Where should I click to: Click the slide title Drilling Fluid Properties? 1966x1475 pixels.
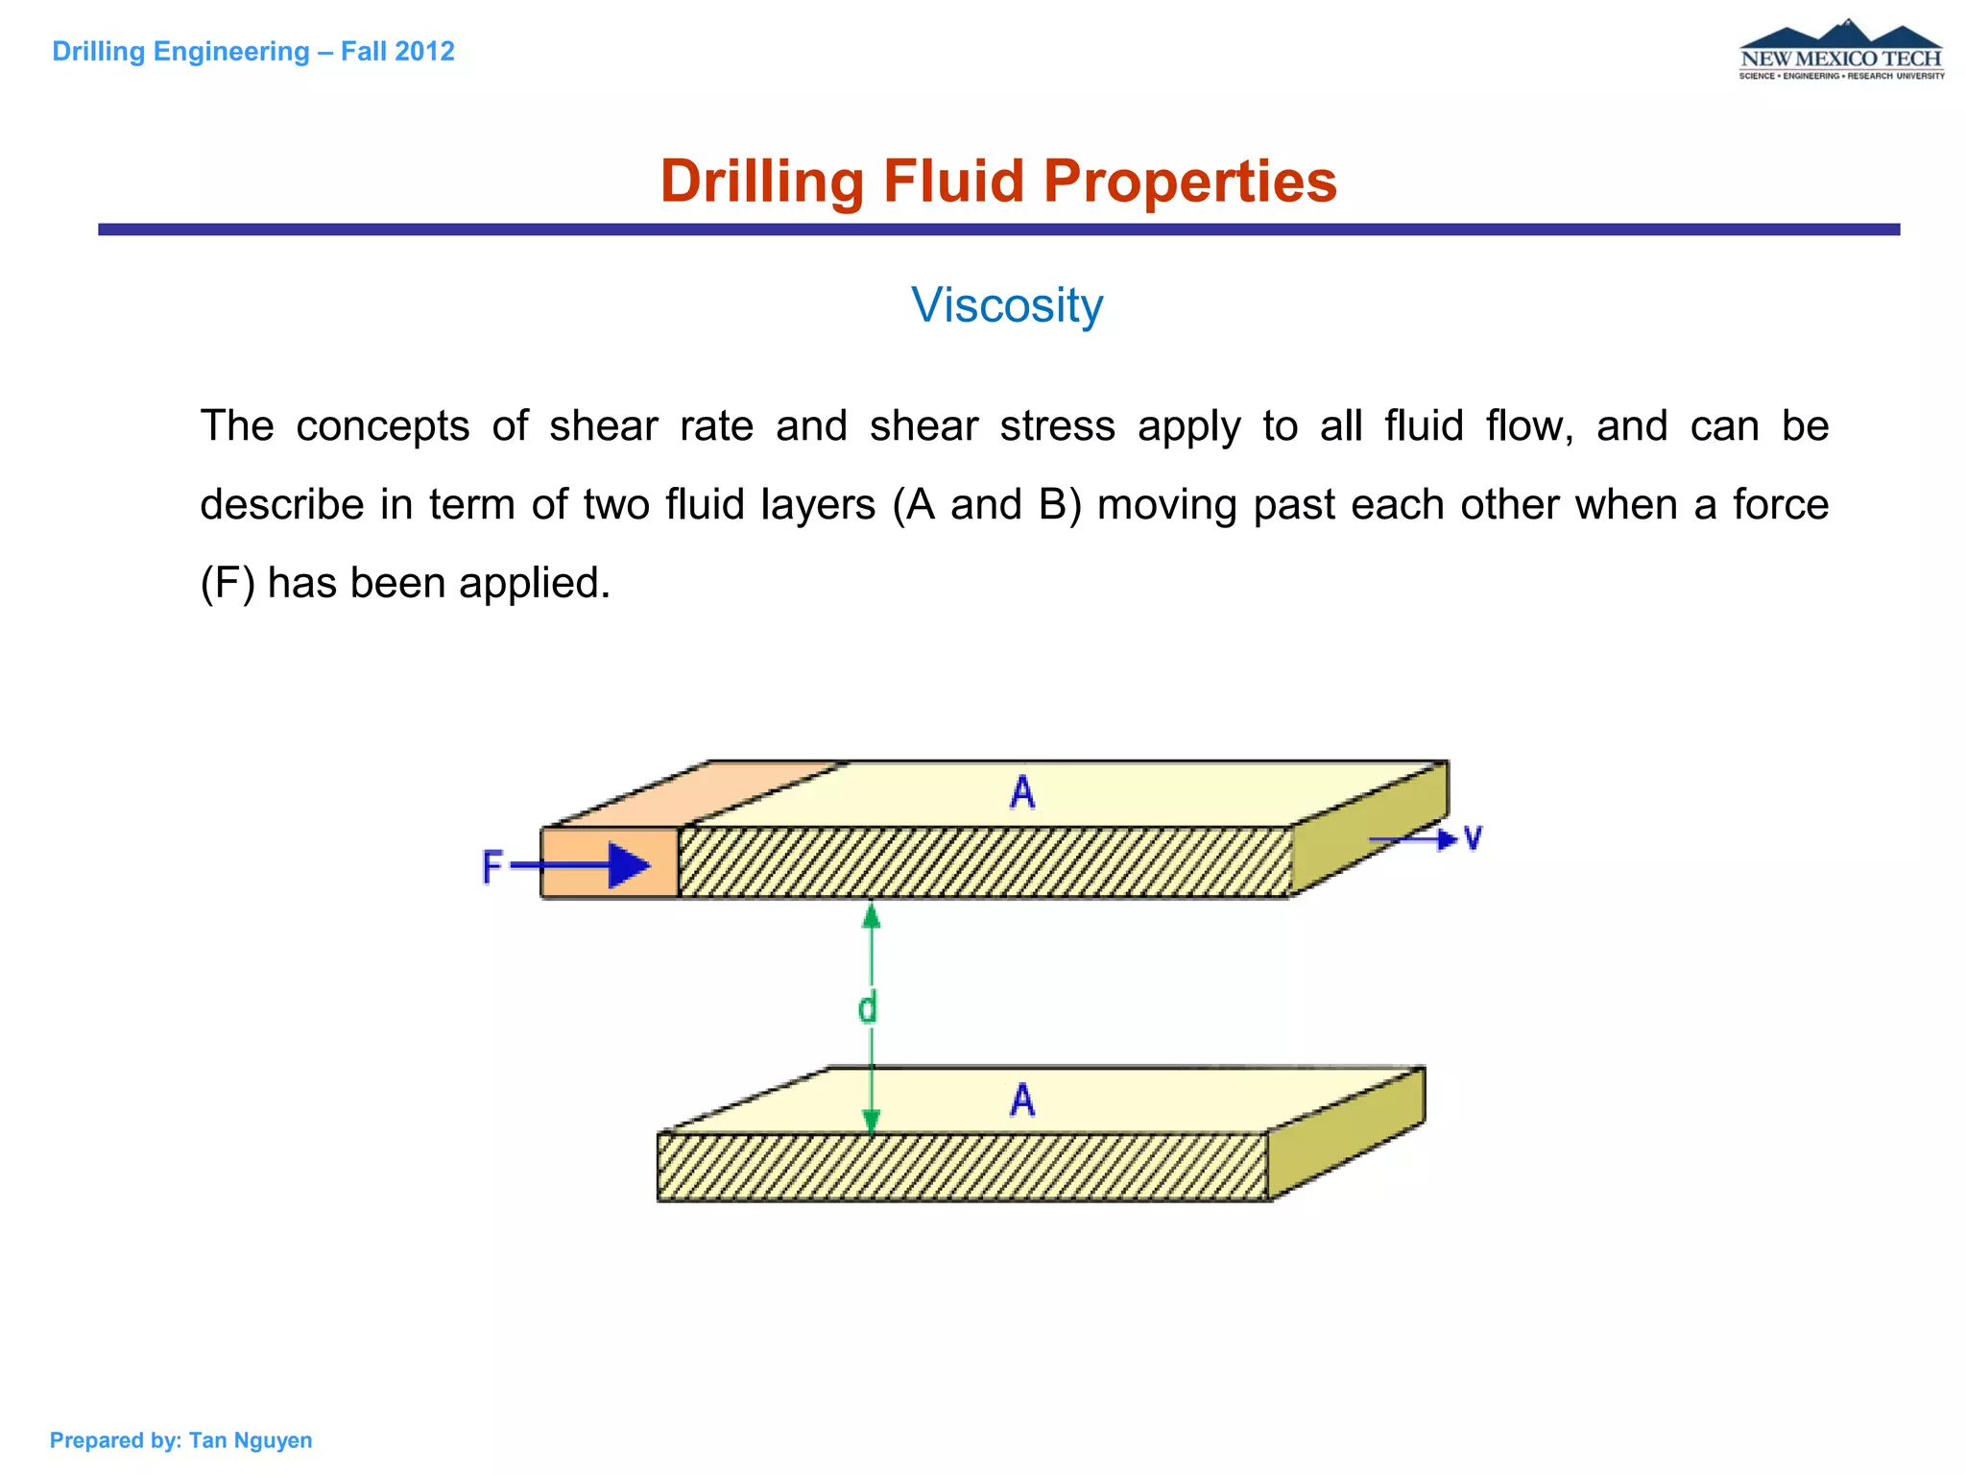(x=998, y=181)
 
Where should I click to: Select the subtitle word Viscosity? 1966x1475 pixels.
(x=1007, y=305)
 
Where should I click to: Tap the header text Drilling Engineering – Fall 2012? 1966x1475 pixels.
(x=253, y=51)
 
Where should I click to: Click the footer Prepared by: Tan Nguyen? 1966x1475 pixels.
(x=180, y=1440)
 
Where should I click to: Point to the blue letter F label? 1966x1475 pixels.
(x=492, y=866)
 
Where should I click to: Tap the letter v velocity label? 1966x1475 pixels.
(x=1473, y=838)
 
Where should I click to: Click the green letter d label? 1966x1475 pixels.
(x=867, y=1008)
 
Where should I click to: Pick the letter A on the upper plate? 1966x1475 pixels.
(x=1022, y=793)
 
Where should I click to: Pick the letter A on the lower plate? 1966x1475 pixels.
(x=1022, y=1100)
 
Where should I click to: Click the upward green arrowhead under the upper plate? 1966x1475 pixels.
(x=872, y=916)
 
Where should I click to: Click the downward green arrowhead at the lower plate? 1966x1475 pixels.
(x=872, y=1122)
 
